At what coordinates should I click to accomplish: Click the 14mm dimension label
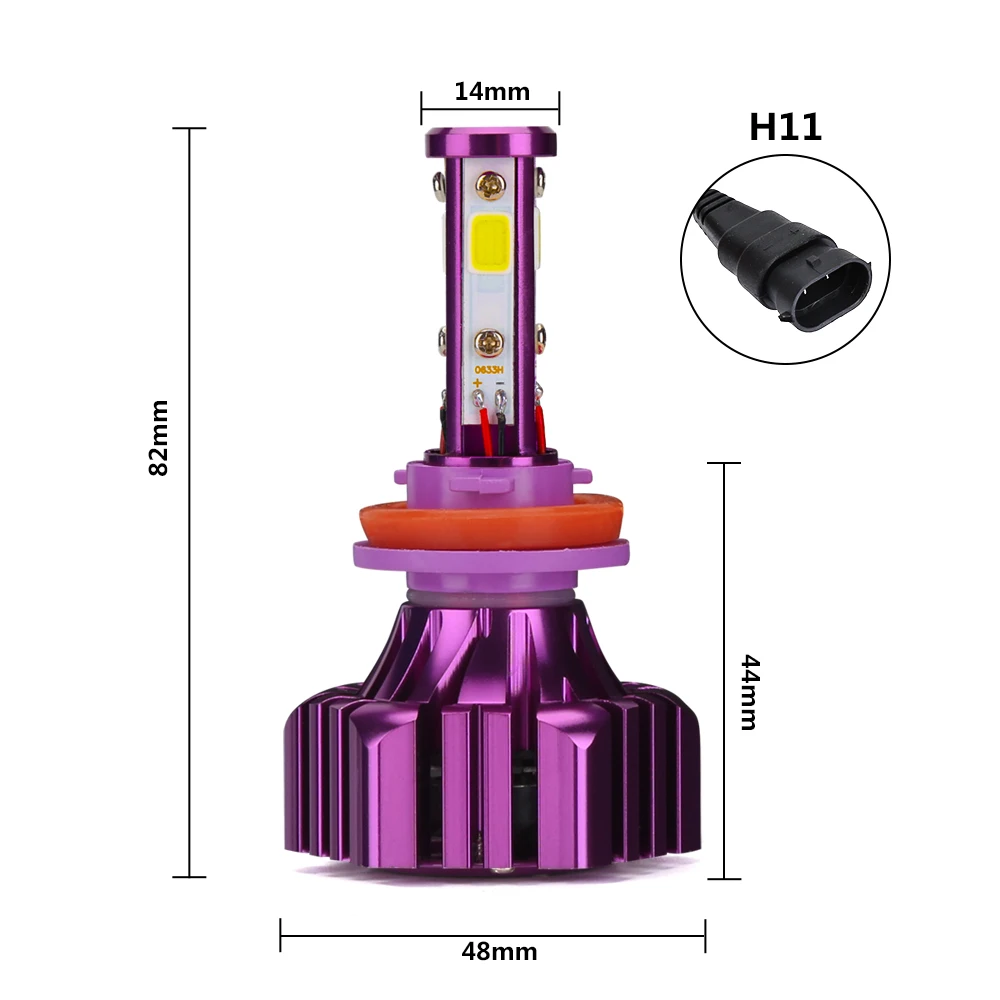[x=492, y=92]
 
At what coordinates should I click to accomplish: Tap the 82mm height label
[x=158, y=438]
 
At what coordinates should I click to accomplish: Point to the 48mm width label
[x=499, y=952]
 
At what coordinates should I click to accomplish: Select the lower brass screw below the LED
[x=489, y=342]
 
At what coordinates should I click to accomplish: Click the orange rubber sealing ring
[x=491, y=522]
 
